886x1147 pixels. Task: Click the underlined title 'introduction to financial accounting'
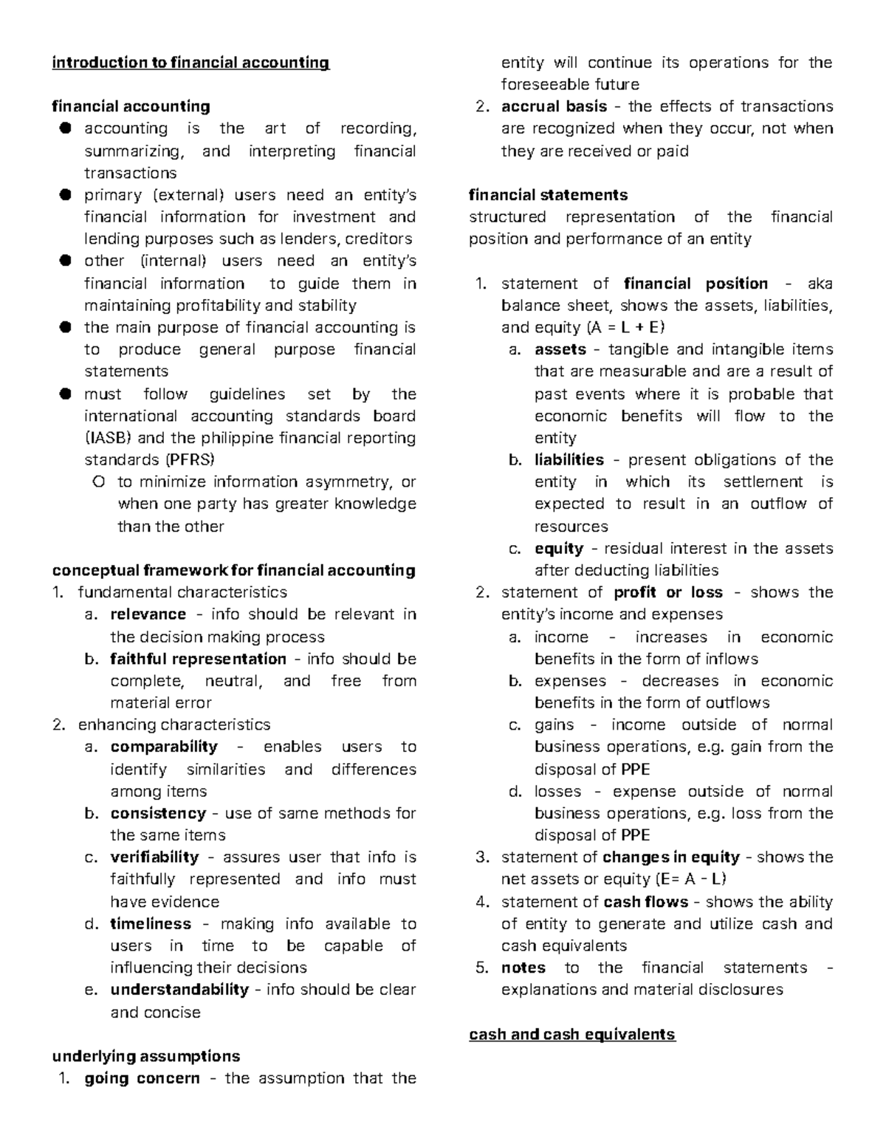tap(190, 63)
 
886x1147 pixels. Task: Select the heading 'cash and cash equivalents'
tap(571, 1034)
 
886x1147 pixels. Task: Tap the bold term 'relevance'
tap(148, 614)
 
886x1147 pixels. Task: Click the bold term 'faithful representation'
tap(198, 659)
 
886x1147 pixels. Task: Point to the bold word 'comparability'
tap(164, 747)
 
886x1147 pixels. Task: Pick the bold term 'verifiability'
tap(154, 857)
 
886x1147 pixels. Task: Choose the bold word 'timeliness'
tap(151, 924)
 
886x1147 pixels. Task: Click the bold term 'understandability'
tap(179, 990)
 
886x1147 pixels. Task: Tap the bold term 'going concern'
tap(142, 1078)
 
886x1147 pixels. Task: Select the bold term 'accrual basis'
tap(554, 106)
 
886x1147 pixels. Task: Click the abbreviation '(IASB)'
tap(109, 438)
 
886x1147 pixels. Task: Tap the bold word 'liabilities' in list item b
tap(569, 460)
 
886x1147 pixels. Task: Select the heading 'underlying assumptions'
tap(145, 1056)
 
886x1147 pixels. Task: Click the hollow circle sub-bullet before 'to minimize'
tap(98, 482)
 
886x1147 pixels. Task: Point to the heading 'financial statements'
tap(548, 195)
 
